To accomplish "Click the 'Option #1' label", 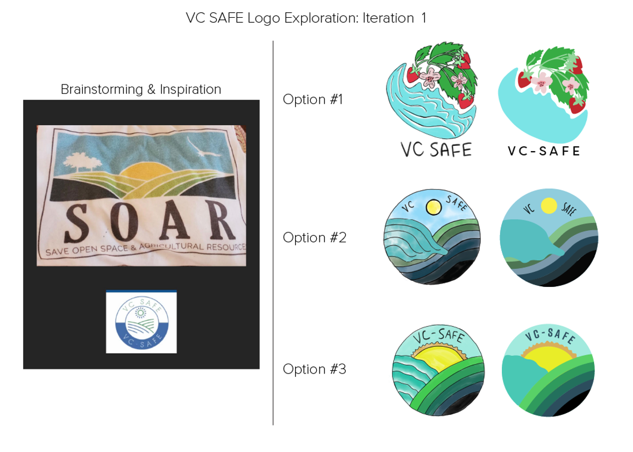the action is coord(313,100).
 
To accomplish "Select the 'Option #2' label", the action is coord(315,237).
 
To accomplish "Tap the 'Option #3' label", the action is coord(315,369).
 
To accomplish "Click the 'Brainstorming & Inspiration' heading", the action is coord(141,90).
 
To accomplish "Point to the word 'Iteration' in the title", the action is coord(388,18).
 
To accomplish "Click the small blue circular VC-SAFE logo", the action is coord(141,322).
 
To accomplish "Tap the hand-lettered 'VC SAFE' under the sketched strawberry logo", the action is coord(436,150).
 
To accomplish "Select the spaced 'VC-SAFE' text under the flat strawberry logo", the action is coord(544,151).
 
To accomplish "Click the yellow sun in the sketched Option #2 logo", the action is coord(434,207).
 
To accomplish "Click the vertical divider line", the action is coord(273,232).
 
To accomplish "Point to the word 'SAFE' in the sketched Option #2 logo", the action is coord(457,203).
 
